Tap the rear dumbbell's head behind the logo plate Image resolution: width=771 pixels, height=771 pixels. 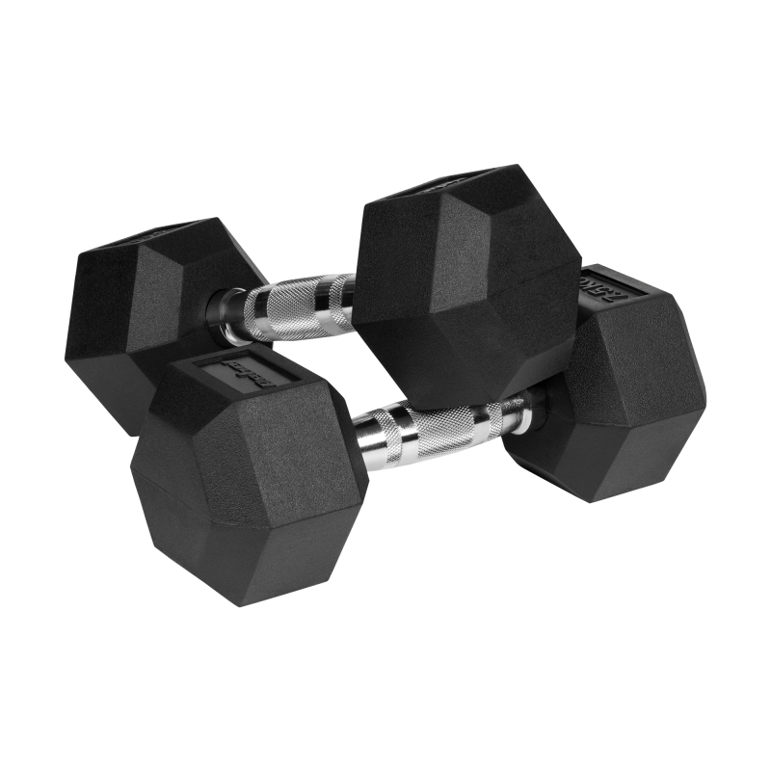click(135, 308)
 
